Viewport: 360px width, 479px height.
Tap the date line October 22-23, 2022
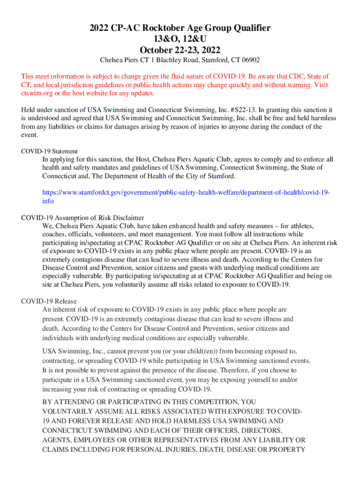click(x=180, y=50)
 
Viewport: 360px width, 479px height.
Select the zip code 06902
click(x=251, y=60)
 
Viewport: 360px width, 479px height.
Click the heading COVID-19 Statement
click(x=50, y=151)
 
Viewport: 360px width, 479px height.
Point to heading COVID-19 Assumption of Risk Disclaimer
click(x=83, y=218)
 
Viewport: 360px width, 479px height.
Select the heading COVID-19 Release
click(x=49, y=301)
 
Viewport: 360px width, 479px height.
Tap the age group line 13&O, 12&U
click(x=180, y=39)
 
